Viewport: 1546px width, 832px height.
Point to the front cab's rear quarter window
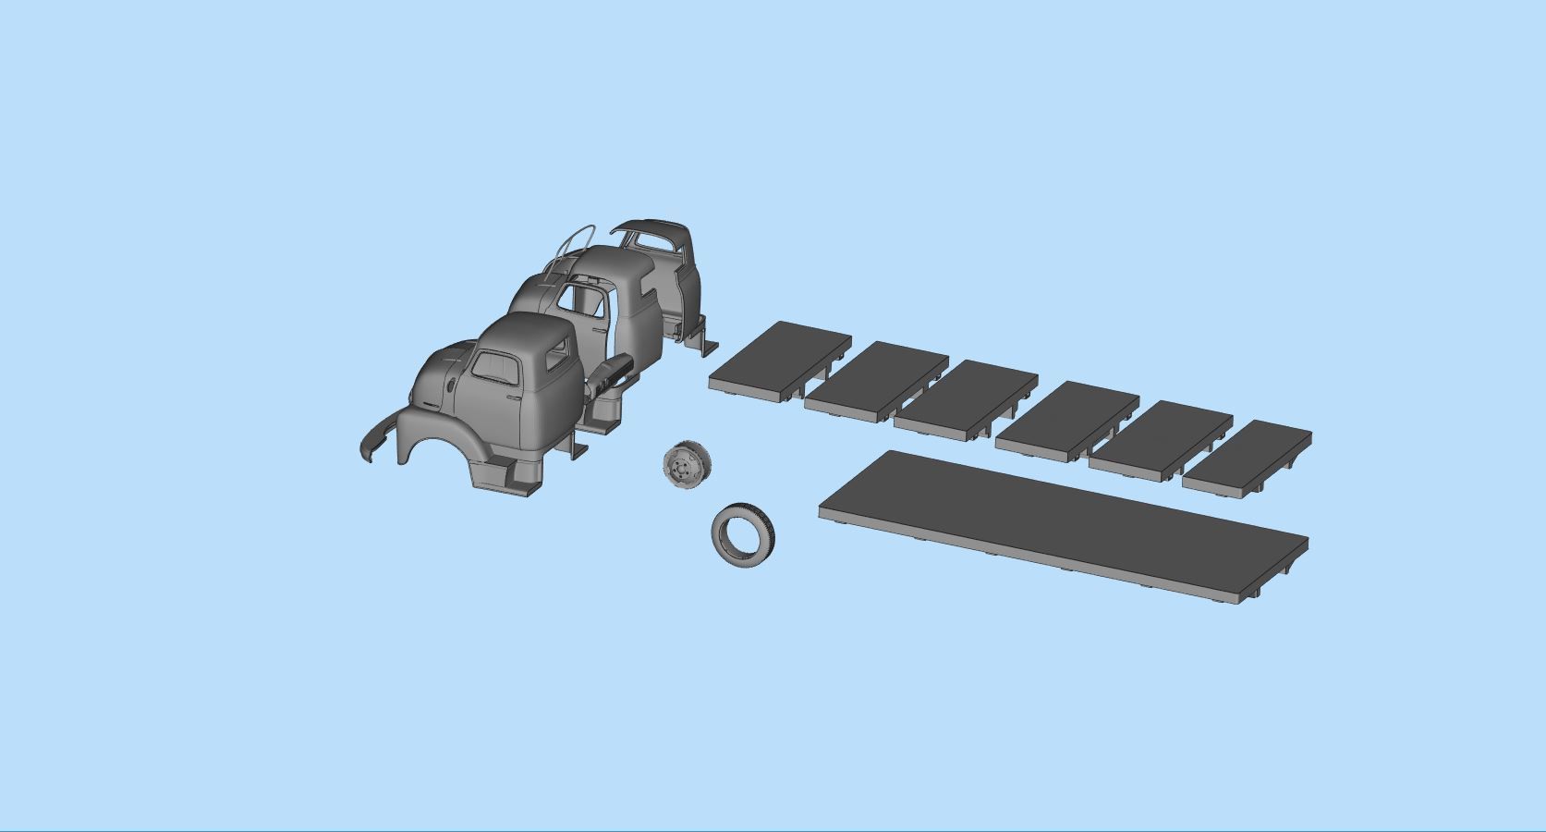pos(558,354)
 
